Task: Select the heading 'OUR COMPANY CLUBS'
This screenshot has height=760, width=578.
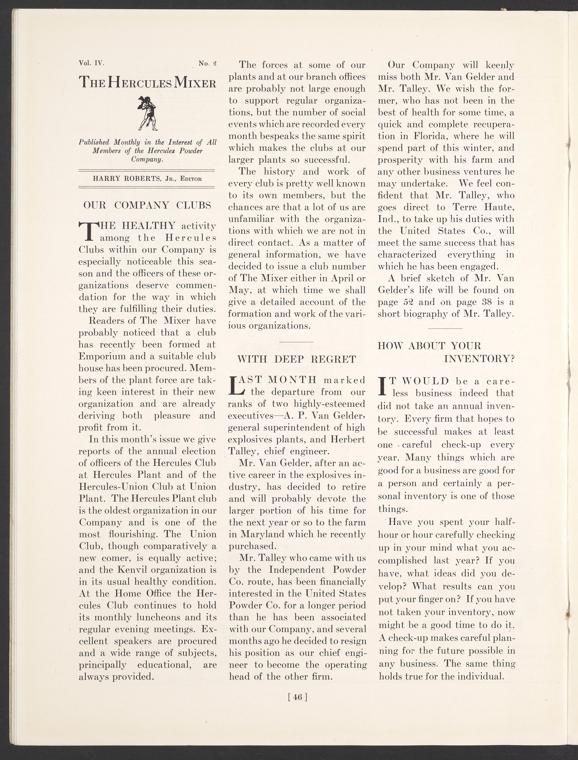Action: point(147,205)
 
